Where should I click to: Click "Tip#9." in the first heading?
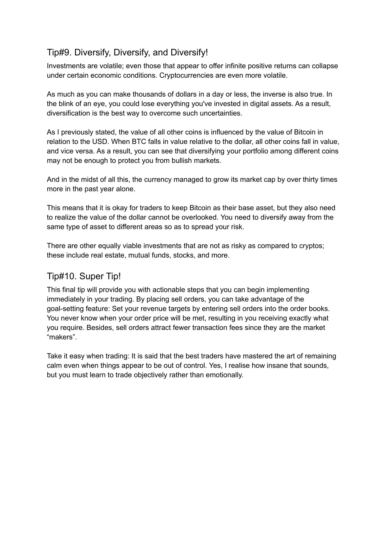tap(59, 52)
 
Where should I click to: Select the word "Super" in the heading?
tap(90, 276)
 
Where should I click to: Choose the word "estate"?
tap(115, 255)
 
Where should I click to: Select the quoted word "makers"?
tap(62, 337)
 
